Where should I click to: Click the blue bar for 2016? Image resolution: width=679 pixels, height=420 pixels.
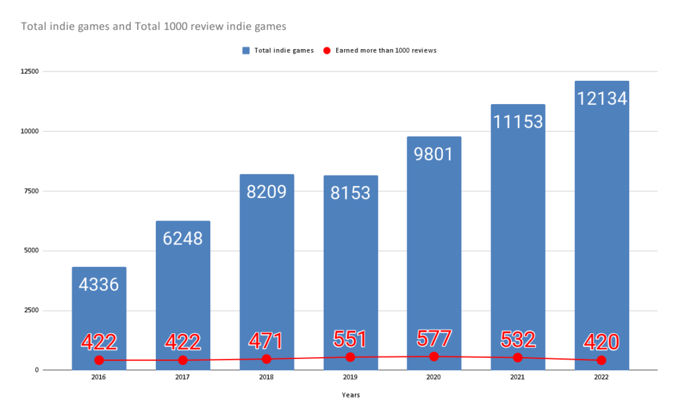[99, 318]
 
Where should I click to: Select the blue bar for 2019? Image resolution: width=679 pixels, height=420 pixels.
[351, 265]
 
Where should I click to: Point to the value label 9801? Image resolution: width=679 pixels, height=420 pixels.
[434, 154]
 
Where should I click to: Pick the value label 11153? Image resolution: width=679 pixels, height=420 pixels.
[518, 121]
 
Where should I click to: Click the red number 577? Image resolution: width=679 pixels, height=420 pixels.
[434, 339]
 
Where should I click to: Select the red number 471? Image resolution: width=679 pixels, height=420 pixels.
[267, 341]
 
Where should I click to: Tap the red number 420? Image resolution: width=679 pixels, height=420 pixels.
[601, 342]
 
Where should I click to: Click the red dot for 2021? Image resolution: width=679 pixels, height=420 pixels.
[518, 358]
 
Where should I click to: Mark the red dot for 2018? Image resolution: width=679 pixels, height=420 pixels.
[267, 359]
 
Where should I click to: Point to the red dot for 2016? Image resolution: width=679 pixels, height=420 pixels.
[99, 360]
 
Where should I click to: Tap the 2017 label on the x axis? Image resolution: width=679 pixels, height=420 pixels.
[183, 378]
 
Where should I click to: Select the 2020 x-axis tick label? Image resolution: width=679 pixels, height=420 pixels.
[434, 378]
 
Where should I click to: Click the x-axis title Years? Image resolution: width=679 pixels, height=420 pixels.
[351, 395]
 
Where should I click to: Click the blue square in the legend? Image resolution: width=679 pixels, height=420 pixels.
[245, 50]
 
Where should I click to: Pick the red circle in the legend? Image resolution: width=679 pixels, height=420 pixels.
[327, 50]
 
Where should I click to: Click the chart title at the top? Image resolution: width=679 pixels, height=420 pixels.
[154, 26]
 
